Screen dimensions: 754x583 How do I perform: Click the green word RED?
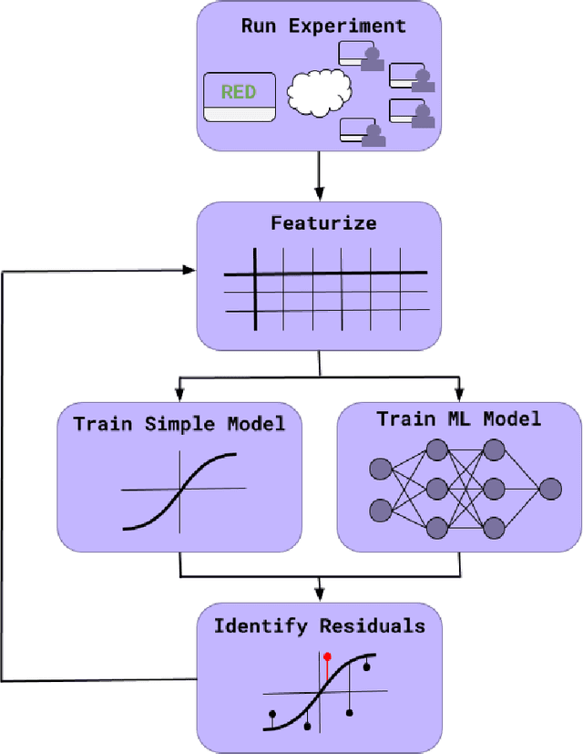[x=239, y=91]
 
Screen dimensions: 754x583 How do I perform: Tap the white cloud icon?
[x=319, y=91]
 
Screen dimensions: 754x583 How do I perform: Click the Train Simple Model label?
[x=179, y=424]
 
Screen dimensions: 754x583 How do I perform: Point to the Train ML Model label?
[x=459, y=419]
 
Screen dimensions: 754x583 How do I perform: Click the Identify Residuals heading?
[x=319, y=625]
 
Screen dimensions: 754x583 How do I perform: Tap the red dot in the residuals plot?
[x=327, y=656]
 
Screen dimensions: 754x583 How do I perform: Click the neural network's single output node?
[x=550, y=490]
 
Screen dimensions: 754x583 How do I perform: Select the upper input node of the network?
[x=380, y=469]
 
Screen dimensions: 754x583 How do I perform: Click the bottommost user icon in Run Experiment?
[x=372, y=136]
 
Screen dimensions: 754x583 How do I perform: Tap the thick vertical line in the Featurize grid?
[x=255, y=287]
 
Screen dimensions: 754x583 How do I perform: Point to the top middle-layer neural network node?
[x=436, y=449]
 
